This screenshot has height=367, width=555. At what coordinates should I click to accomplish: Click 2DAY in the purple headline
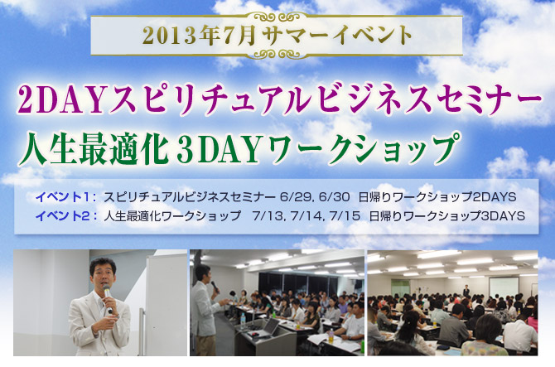click(x=61, y=101)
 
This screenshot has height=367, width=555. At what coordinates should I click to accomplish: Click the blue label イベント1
click(x=63, y=197)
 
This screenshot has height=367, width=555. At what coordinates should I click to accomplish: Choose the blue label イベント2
click(x=63, y=216)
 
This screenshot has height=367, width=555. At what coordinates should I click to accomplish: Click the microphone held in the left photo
click(x=108, y=297)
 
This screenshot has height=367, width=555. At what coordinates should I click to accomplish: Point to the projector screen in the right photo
click(x=504, y=287)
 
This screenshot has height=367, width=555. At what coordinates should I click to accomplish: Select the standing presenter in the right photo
click(x=466, y=290)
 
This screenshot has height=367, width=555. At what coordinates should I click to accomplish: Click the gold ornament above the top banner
click(x=277, y=17)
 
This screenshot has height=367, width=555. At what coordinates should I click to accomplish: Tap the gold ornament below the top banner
click(x=277, y=54)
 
